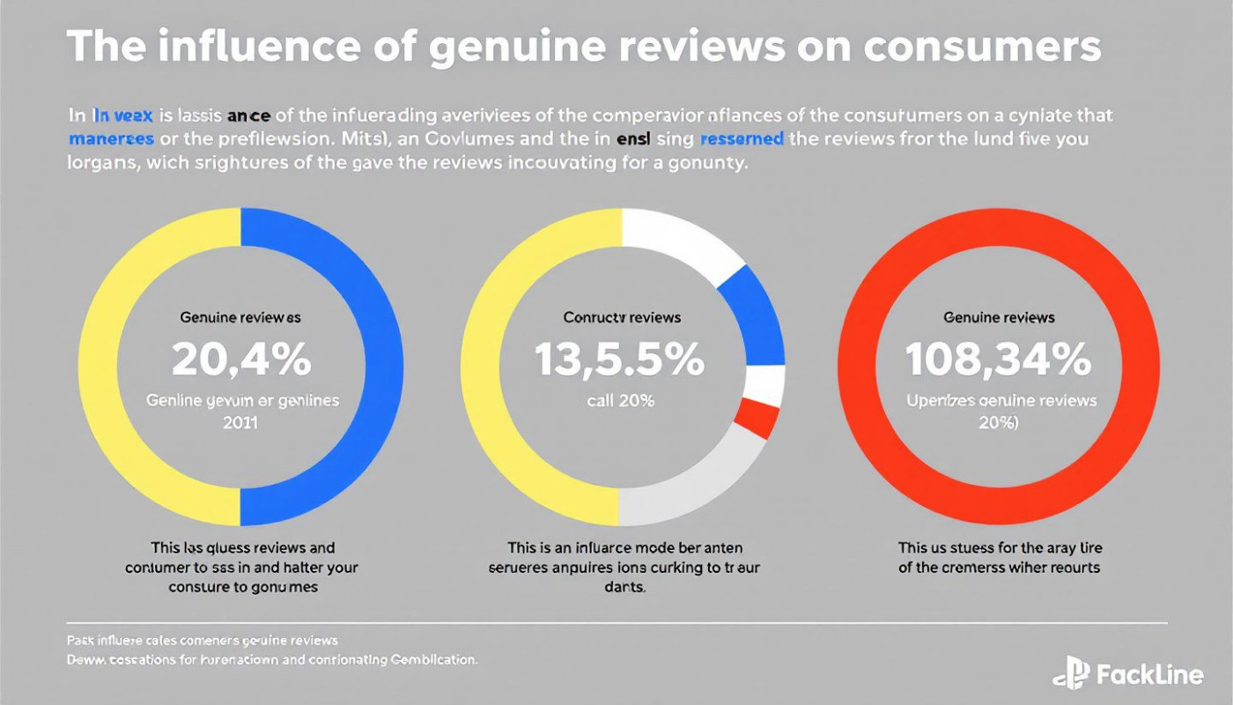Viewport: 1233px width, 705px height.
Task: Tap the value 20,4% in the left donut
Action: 240,359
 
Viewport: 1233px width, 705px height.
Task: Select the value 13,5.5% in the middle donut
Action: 619,359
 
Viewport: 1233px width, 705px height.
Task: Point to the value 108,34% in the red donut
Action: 999,359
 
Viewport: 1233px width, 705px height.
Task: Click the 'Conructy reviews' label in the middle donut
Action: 622,317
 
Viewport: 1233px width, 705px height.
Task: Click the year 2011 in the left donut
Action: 240,421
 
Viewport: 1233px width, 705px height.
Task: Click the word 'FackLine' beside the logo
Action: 1149,675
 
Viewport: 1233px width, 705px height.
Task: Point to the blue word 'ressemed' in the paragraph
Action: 743,139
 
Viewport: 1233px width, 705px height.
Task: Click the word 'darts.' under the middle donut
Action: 622,586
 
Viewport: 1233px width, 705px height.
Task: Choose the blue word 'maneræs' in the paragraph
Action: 112,139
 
